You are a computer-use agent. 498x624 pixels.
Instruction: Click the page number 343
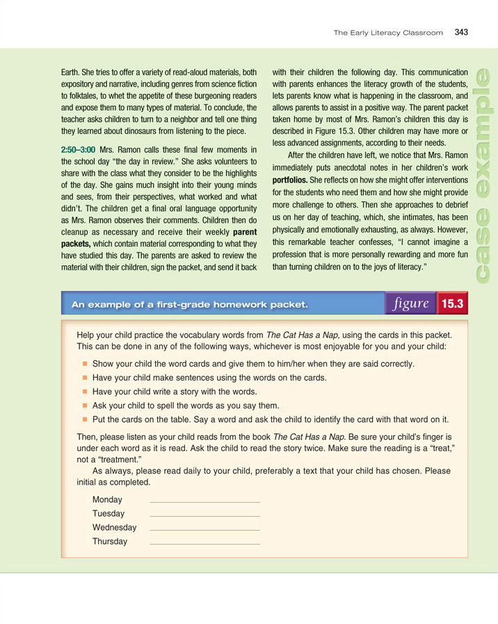[462, 32]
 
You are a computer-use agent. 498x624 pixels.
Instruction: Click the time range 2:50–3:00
[78, 150]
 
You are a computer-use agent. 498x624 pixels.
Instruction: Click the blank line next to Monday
[204, 501]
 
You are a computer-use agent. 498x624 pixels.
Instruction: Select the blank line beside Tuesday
[204, 515]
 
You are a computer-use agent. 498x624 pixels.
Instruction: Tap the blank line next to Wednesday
[204, 529]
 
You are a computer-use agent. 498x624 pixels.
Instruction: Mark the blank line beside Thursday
[204, 543]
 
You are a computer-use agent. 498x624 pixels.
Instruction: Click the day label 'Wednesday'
[114, 527]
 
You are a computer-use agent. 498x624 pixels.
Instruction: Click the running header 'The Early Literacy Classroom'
[387, 33]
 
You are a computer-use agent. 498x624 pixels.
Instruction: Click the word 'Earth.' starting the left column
[73, 71]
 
